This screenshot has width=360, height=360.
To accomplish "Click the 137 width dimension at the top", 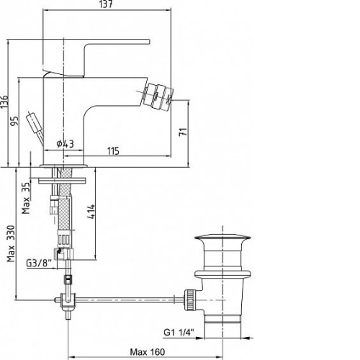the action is tap(106, 4).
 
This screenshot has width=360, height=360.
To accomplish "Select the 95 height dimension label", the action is tap(14, 121).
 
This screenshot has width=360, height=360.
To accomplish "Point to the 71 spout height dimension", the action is tap(183, 132).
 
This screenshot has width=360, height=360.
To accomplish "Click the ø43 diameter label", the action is tap(65, 144).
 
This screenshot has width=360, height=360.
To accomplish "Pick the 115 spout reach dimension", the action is tap(113, 151).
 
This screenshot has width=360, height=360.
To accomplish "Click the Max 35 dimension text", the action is tap(26, 198).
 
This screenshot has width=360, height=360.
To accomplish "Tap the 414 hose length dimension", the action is tap(91, 211).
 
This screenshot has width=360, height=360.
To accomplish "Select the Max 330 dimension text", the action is tap(11, 243).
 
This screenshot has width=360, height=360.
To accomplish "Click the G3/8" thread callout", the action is tap(39, 264).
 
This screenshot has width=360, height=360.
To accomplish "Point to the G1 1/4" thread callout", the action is tap(179, 333).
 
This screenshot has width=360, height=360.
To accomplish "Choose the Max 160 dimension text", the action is tap(148, 352).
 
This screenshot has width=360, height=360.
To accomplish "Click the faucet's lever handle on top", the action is tap(96, 58).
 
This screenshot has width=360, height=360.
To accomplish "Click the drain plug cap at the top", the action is tap(222, 238).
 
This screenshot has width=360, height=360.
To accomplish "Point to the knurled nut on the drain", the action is tap(190, 300).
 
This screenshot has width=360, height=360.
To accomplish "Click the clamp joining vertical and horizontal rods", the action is tap(68, 300).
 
